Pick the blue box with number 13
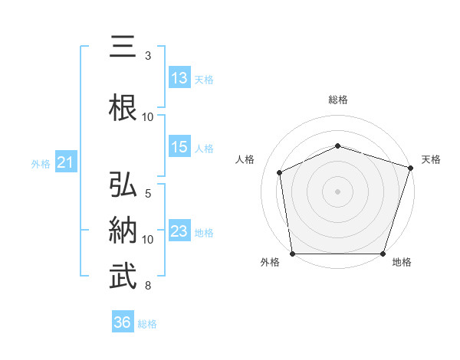click(x=179, y=77)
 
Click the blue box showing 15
click(x=179, y=147)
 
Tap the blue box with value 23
click(x=179, y=231)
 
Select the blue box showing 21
click(x=65, y=162)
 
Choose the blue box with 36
click(x=123, y=322)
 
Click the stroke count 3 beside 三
click(x=148, y=56)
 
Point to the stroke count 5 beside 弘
click(x=148, y=195)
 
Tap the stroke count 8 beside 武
click(x=148, y=286)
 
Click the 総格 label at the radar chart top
click(x=338, y=100)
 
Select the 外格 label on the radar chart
click(x=270, y=263)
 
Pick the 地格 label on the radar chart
click(x=402, y=263)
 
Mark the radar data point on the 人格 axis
click(x=280, y=172)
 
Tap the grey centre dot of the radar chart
click(x=338, y=191)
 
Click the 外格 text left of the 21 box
click(x=41, y=163)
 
